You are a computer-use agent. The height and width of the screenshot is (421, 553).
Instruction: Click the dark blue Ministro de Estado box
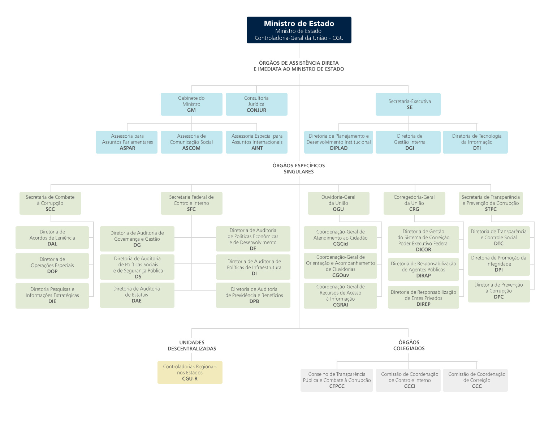299,30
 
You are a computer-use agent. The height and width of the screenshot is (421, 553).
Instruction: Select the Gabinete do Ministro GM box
191,104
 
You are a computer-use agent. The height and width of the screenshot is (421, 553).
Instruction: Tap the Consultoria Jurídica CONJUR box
256,104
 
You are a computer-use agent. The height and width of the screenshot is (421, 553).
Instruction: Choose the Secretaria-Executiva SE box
408,104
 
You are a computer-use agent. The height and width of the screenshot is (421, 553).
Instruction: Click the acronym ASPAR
128,148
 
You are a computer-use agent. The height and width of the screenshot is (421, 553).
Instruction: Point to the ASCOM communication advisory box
191,142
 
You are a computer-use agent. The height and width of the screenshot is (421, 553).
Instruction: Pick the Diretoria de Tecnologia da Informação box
475,142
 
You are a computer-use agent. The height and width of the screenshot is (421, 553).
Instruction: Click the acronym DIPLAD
339,148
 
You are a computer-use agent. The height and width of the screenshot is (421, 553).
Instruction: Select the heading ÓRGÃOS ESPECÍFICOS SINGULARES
299,168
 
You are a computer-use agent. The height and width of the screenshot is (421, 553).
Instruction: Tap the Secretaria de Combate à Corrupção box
50,203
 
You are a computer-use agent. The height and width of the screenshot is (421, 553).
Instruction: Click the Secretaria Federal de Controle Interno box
191,203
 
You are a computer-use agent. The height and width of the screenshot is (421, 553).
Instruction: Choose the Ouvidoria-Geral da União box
338,203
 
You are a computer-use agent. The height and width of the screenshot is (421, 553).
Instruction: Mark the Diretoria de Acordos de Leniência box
52,237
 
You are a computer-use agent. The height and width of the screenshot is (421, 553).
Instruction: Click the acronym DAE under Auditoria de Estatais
137,301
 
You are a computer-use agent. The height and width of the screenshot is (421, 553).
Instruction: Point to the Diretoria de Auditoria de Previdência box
253,295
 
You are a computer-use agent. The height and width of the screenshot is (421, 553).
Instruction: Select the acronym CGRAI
340,305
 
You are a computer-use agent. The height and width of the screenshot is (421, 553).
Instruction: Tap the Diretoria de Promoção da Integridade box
499,264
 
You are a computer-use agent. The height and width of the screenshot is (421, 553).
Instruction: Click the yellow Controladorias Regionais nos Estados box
190,372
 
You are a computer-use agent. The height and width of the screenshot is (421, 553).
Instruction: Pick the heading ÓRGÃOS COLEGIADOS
409,345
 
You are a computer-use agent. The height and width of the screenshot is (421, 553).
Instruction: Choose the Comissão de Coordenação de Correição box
475,380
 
